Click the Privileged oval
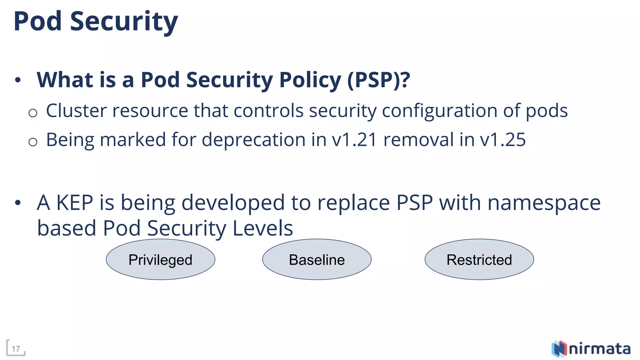coord(160,259)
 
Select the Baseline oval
coord(317,259)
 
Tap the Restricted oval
coord(479,259)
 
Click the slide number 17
coord(16,349)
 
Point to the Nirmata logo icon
coord(559,349)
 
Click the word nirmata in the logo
coord(599,349)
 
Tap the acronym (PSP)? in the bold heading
coord(378,80)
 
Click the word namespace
coord(544,203)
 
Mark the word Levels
coord(263,228)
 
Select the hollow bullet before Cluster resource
coord(33,113)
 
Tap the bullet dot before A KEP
coord(18,203)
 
